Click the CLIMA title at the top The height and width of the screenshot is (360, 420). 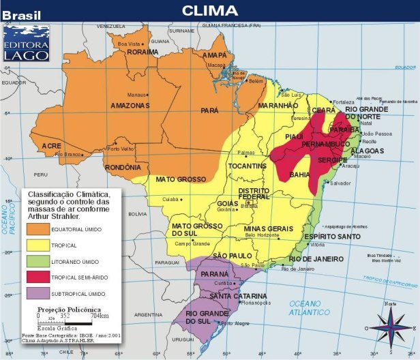tap(209, 10)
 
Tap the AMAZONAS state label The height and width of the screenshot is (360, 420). tap(130, 106)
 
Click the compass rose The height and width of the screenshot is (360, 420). tap(390, 325)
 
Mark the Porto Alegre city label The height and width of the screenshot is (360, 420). tap(239, 323)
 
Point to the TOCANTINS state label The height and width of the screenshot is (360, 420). tap(247, 166)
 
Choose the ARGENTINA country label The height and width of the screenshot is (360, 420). tap(148, 315)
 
